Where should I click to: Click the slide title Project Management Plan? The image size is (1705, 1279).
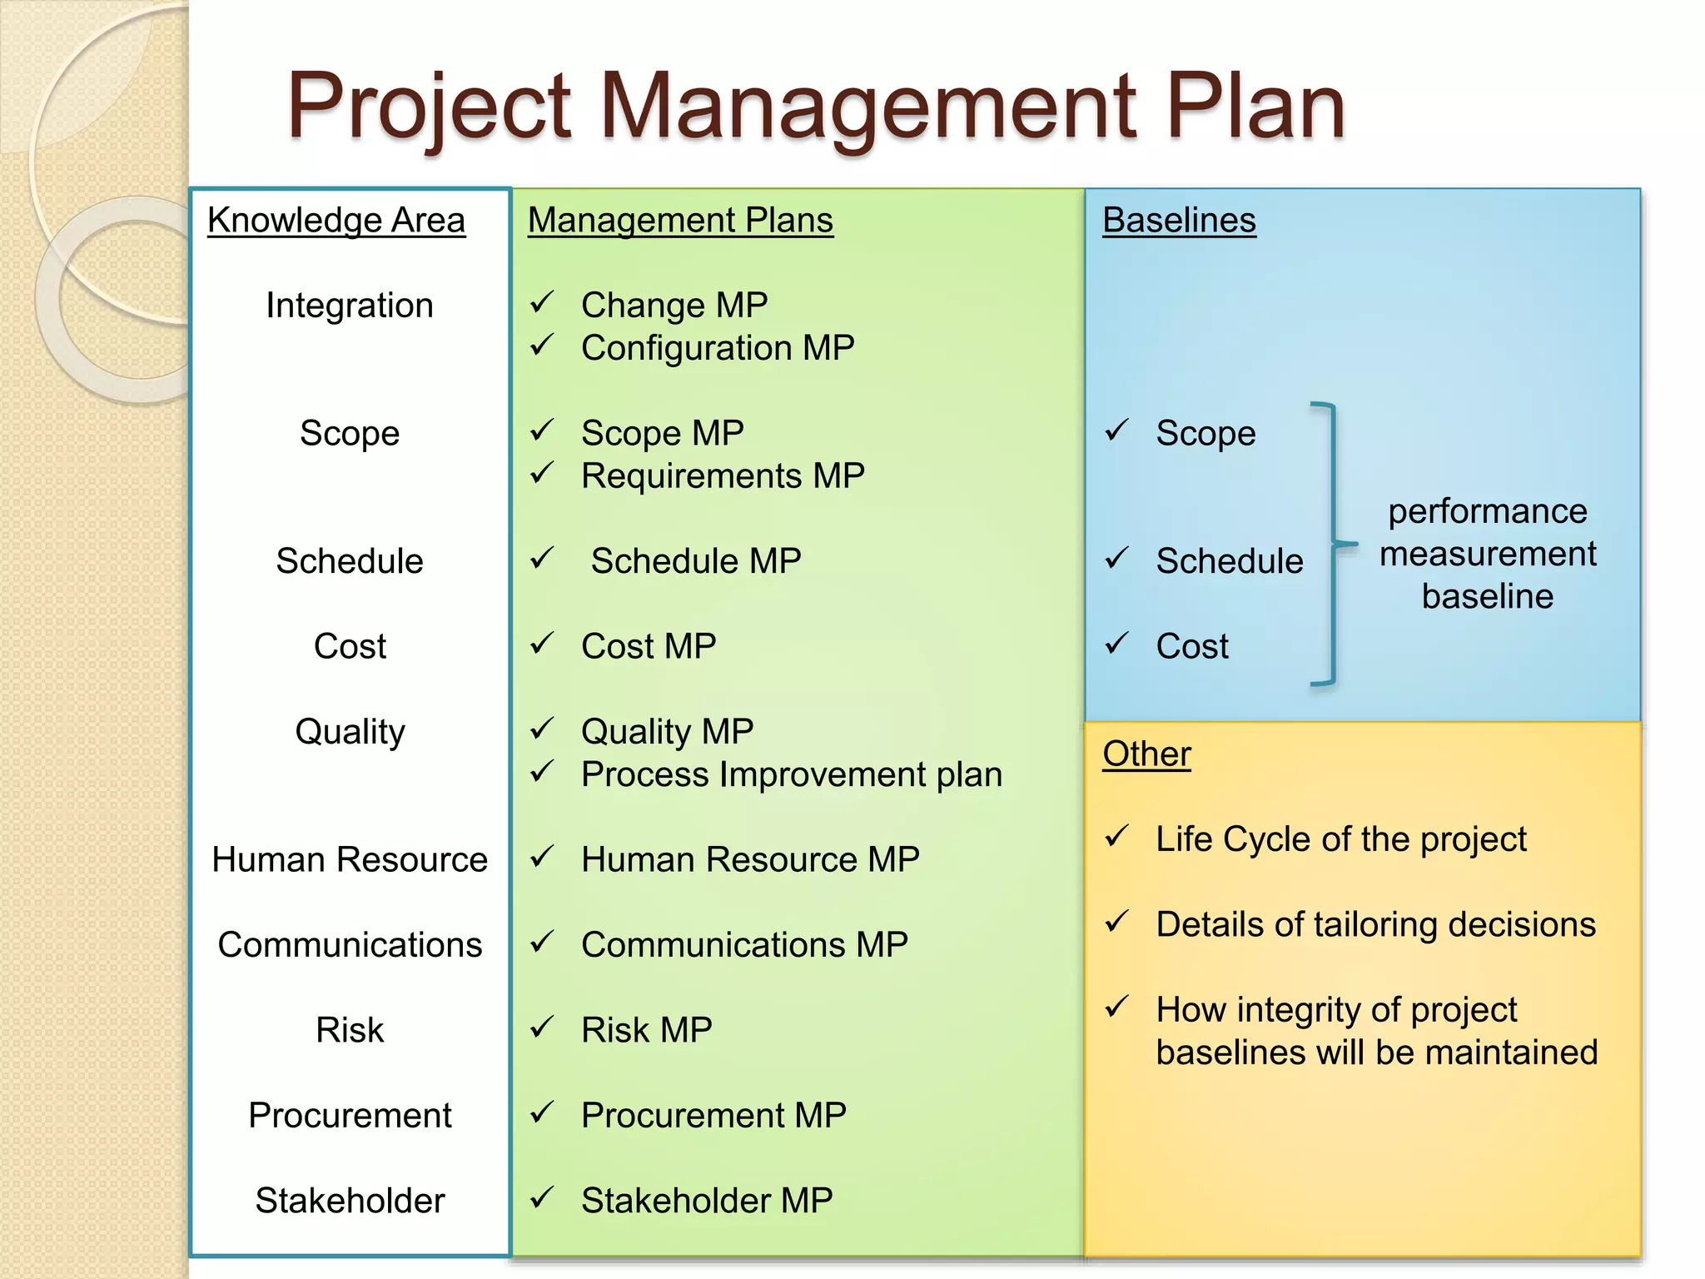click(816, 107)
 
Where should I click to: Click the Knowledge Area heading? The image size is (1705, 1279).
click(336, 221)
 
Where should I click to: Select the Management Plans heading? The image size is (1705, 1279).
click(680, 221)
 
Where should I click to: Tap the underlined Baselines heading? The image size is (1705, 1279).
click(1179, 221)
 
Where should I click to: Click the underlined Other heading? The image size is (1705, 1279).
click(1146, 754)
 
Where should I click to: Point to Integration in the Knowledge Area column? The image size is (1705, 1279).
click(350, 306)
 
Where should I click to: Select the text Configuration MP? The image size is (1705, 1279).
click(718, 348)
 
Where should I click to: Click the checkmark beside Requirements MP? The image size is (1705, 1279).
click(542, 474)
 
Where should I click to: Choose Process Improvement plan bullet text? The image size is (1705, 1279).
click(791, 774)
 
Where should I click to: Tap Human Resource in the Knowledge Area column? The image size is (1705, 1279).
click(350, 859)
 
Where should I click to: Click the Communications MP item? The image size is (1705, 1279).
click(744, 945)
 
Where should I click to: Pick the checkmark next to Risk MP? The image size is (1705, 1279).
click(542, 1028)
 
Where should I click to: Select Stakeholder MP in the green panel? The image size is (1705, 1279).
click(707, 1201)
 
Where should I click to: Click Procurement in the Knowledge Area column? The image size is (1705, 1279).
click(350, 1115)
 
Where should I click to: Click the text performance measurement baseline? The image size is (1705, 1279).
click(1488, 554)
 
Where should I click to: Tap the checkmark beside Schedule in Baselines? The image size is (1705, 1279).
click(1116, 559)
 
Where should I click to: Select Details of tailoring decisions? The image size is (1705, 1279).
click(1375, 924)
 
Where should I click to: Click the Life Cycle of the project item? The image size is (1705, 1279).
click(1341, 839)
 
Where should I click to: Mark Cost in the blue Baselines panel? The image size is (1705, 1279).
click(1191, 646)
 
